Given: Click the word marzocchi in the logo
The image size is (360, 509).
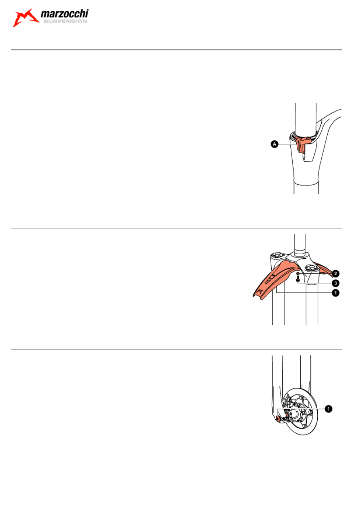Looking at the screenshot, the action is click(x=65, y=14).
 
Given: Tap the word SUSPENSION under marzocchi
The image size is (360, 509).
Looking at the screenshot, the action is click(x=65, y=21).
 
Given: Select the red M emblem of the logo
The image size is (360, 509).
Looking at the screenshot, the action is click(x=26, y=18).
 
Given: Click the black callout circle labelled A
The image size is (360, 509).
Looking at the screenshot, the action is click(x=275, y=144).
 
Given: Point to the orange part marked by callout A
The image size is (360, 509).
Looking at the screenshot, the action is click(x=302, y=145).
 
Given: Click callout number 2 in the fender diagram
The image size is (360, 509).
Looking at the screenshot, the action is click(x=335, y=274).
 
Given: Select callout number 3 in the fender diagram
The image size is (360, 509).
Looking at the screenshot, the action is click(x=335, y=283).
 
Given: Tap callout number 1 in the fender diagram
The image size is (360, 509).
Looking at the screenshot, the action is click(x=335, y=293).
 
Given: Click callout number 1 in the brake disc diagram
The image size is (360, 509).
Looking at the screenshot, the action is click(x=328, y=409).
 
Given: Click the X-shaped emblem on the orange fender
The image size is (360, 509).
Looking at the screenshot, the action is click(x=260, y=291).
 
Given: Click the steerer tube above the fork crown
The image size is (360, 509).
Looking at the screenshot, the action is click(x=300, y=243).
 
